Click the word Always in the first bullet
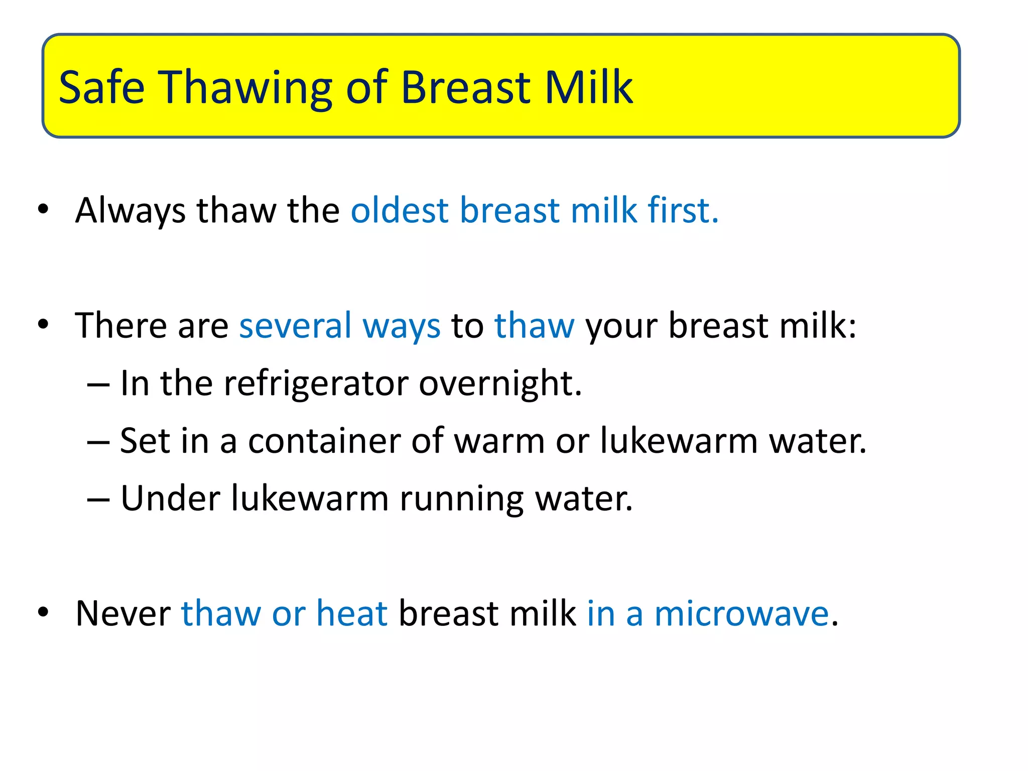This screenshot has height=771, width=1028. [130, 210]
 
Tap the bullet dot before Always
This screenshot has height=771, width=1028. [43, 209]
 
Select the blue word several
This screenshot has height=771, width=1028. [295, 325]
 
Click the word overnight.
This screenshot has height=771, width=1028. [500, 383]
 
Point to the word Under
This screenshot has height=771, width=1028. [170, 498]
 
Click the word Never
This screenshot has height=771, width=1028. [123, 613]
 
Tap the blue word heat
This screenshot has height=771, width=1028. [352, 613]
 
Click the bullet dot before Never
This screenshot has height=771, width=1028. [43, 612]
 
